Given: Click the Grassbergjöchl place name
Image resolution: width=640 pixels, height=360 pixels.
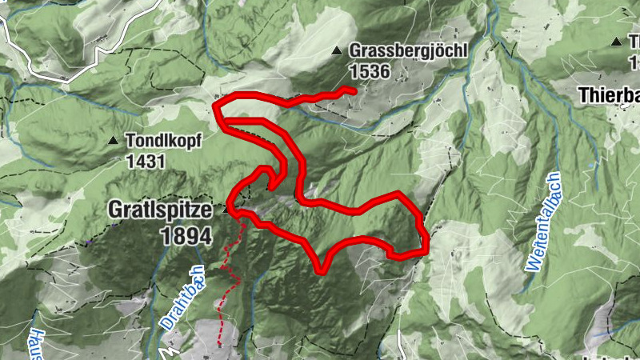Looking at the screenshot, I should (407, 50).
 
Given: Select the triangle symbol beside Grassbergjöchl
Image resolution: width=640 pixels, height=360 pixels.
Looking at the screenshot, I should (337, 52).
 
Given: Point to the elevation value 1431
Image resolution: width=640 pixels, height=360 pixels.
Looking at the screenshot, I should (145, 161).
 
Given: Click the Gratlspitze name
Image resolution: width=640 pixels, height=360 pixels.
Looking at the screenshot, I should (160, 210).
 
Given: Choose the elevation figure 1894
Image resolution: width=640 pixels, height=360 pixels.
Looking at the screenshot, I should (186, 236).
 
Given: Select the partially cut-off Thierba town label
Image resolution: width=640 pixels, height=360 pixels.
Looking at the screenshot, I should (607, 94).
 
